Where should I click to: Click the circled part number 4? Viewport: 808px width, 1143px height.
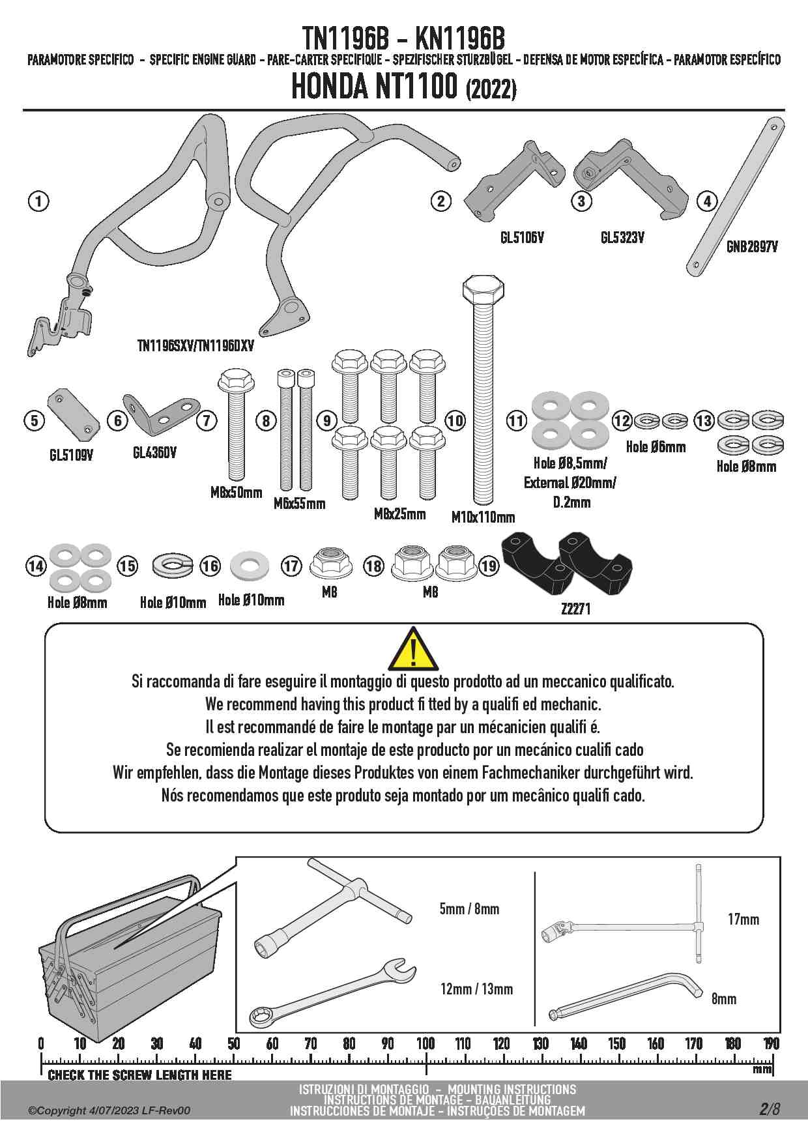point(707,201)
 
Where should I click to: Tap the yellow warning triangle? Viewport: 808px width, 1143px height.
point(413,649)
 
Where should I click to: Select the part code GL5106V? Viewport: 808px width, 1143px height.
point(522,238)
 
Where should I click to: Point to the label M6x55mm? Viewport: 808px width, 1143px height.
point(299,504)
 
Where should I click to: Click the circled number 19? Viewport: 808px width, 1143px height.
point(489,566)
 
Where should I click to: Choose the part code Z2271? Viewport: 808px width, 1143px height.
point(575,609)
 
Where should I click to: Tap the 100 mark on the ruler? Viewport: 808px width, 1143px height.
point(426,1043)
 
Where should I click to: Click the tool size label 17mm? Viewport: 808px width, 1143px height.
point(743,919)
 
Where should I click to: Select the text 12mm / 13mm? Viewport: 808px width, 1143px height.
point(476,989)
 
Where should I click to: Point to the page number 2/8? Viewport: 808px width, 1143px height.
point(769,1108)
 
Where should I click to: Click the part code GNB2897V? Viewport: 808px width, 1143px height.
point(752,247)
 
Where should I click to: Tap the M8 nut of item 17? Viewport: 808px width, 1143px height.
point(331,563)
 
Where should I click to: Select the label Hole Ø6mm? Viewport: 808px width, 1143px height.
point(656,447)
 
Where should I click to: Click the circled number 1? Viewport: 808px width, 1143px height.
point(38,201)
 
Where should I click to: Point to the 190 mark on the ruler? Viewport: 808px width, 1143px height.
point(771,1043)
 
